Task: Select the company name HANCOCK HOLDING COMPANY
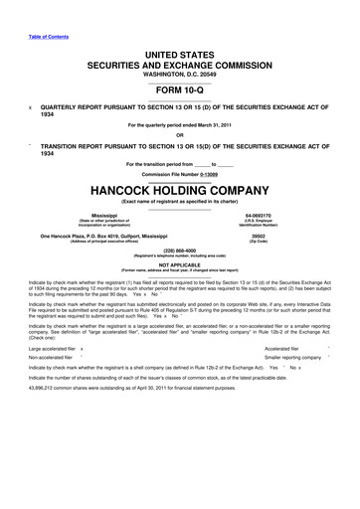pos(180,190)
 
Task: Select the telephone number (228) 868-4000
pos(180,250)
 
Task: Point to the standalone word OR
pos(180,136)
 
